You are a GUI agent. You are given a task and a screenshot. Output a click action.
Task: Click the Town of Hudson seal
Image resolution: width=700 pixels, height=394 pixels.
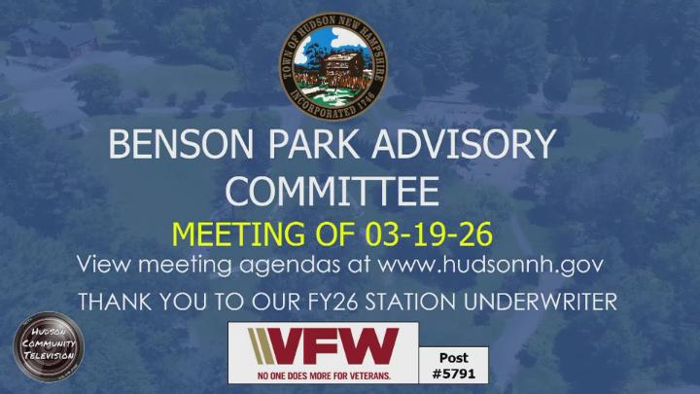tap(332, 64)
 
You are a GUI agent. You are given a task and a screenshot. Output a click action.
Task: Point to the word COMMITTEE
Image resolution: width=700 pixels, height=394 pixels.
tap(332, 192)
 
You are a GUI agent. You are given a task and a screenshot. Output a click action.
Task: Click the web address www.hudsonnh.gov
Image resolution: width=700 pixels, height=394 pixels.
tap(490, 265)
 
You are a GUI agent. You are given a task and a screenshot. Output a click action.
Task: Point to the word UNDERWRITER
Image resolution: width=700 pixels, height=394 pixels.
tap(538, 303)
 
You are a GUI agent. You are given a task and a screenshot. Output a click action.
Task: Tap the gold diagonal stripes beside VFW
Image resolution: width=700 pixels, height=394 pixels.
tap(263, 346)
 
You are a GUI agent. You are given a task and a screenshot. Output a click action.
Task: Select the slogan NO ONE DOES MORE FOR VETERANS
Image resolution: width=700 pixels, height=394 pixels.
tap(323, 374)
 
